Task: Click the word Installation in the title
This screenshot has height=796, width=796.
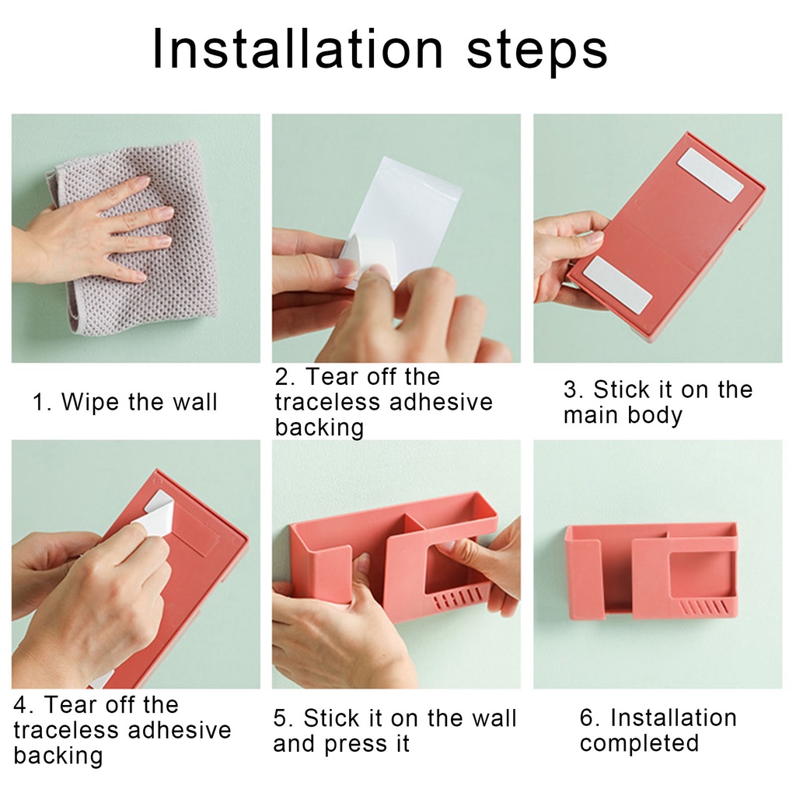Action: tap(298, 49)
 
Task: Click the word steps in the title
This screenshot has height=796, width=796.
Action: tap(537, 51)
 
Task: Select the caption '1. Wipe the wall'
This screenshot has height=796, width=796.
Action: tap(124, 402)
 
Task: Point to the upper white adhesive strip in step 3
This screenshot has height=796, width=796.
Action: tap(710, 174)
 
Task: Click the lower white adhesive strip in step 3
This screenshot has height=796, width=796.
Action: tap(617, 285)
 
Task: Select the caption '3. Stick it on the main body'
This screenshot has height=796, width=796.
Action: tap(658, 402)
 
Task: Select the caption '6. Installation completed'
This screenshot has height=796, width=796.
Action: tap(658, 730)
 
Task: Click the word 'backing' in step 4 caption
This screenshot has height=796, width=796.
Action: tap(58, 756)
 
